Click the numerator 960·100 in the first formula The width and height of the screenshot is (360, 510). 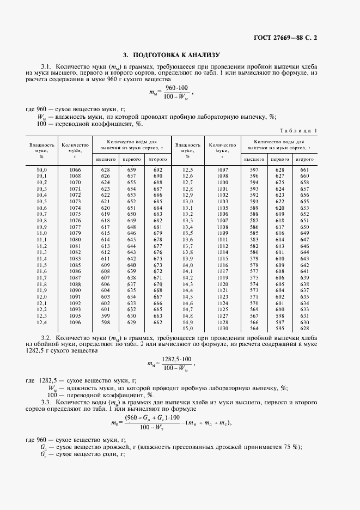[176, 88]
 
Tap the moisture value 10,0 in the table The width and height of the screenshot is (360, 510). [41, 170]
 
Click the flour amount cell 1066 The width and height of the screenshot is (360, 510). [75, 170]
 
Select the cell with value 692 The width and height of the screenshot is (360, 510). [158, 170]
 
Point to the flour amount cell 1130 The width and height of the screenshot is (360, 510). [222, 329]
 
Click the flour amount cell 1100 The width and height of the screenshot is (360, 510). [222, 183]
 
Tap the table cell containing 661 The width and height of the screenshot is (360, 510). [304, 170]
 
